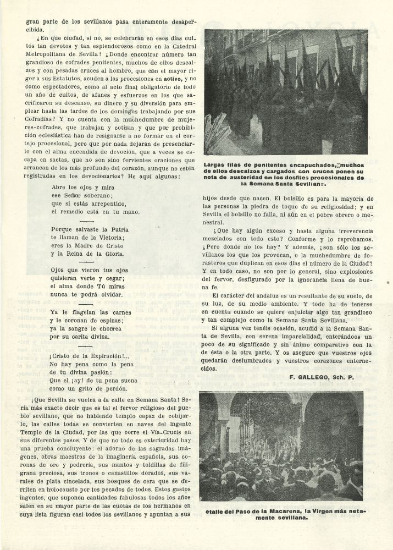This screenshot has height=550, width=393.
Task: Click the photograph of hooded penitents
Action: point(286,92)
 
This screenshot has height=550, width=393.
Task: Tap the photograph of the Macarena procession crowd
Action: point(281,446)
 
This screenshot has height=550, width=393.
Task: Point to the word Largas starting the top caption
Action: point(215,164)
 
